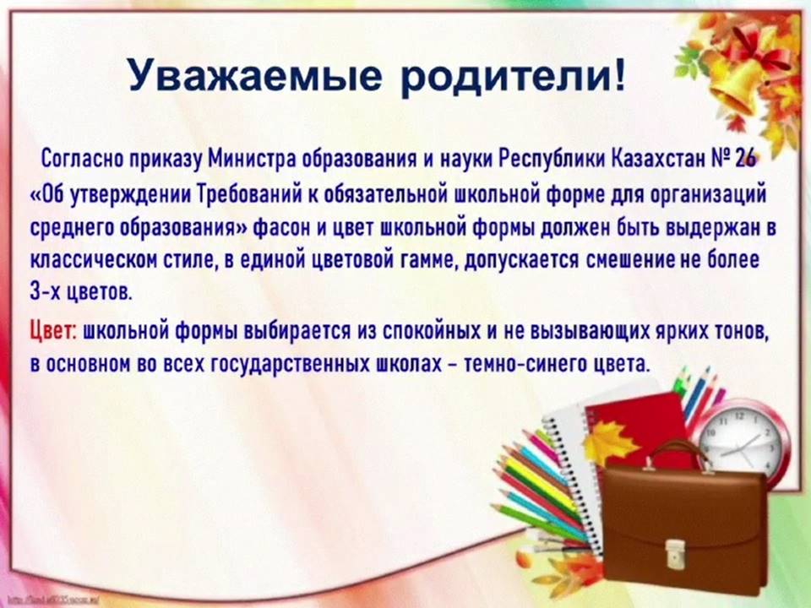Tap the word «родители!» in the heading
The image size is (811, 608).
tap(513, 75)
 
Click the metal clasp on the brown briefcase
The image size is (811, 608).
tap(674, 552)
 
